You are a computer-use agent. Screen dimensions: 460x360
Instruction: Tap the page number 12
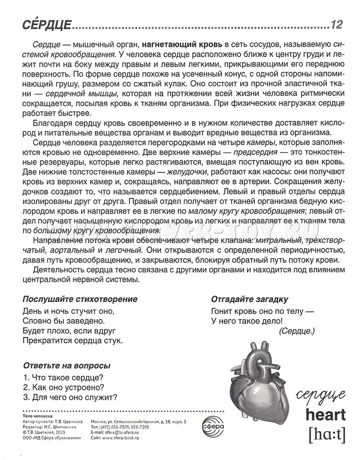click(x=337, y=23)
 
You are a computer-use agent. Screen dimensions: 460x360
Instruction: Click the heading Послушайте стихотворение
click(x=80, y=299)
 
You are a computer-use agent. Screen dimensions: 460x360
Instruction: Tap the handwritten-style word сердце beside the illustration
click(x=321, y=395)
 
